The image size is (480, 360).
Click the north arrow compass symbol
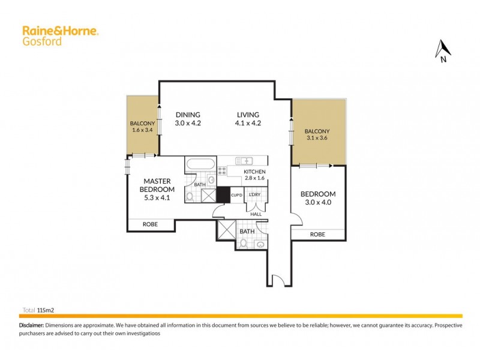click(x=443, y=51)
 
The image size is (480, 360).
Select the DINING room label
click(x=187, y=115)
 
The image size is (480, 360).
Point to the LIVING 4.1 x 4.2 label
click(x=247, y=119)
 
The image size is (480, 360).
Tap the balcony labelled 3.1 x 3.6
click(x=318, y=136)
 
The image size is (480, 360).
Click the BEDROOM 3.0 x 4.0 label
click(x=317, y=199)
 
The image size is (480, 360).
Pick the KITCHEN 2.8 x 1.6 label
click(x=254, y=175)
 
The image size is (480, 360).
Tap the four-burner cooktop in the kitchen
click(x=221, y=171)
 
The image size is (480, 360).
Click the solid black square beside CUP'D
click(x=224, y=194)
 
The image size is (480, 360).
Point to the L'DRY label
click(x=255, y=195)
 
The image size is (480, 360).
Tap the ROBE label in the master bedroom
click(x=150, y=224)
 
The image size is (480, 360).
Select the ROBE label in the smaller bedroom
click(x=317, y=235)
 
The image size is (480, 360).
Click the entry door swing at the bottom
click(x=277, y=280)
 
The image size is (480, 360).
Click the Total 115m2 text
click(x=43, y=311)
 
